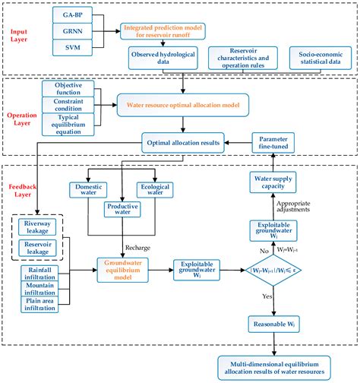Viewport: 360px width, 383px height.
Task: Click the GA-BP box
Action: click(74, 15)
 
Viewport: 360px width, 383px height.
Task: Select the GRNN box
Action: click(74, 32)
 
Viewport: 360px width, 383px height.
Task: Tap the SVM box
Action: click(74, 49)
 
